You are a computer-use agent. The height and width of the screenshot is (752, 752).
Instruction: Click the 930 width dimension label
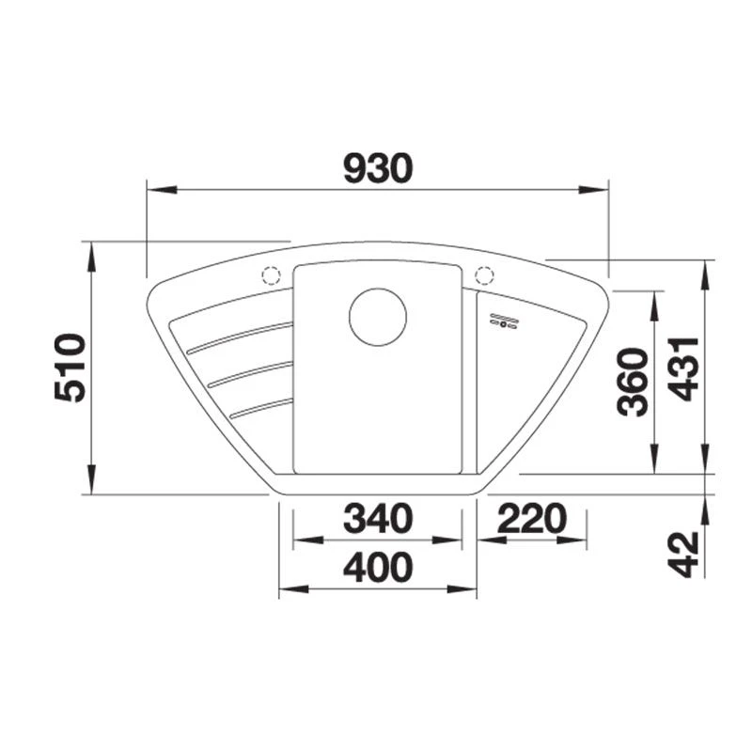click(x=378, y=168)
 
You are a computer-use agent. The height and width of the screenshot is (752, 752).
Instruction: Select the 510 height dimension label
click(x=70, y=368)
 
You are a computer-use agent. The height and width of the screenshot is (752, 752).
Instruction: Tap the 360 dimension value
click(x=633, y=381)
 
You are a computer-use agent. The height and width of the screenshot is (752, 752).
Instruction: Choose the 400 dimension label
click(x=378, y=567)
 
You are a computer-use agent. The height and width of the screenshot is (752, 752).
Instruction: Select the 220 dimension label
click(x=532, y=518)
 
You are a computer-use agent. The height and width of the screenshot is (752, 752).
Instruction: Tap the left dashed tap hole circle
click(x=271, y=275)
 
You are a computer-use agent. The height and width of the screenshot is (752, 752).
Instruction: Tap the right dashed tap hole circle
click(x=485, y=275)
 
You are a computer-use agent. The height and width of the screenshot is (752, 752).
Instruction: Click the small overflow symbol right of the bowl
click(x=504, y=321)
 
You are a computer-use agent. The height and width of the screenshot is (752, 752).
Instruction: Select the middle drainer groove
click(x=249, y=372)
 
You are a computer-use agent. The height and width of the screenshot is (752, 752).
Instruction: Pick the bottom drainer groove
click(x=260, y=405)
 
